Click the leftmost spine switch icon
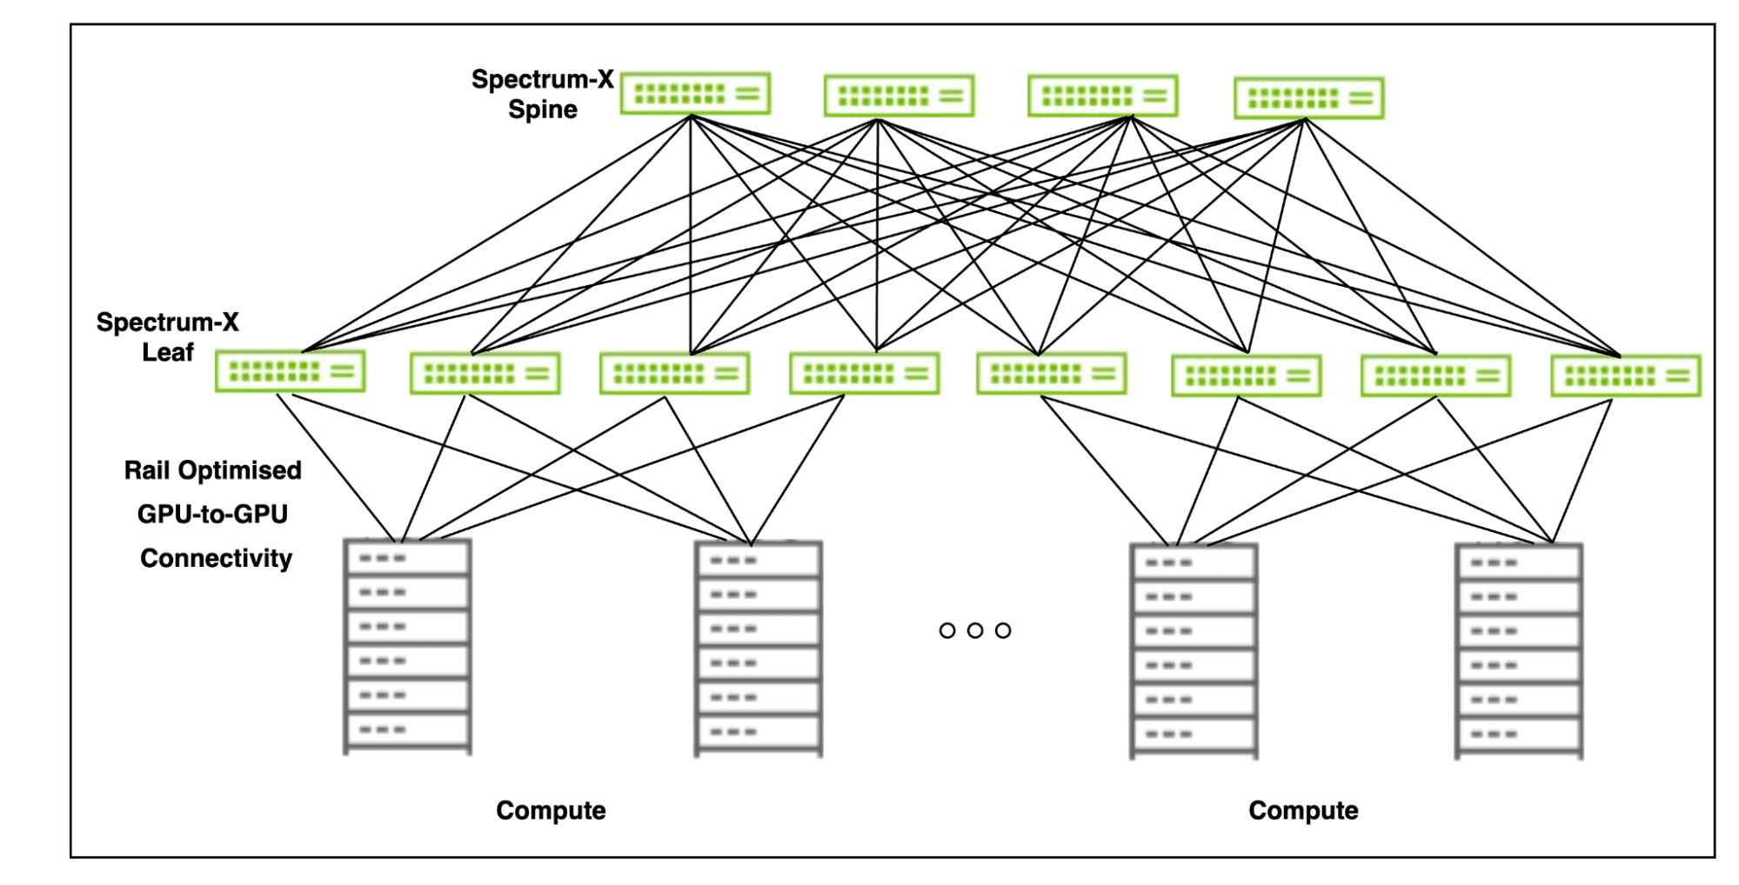pyautogui.click(x=695, y=94)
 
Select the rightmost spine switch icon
pyautogui.click(x=1308, y=98)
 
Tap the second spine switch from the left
pyautogui.click(x=899, y=96)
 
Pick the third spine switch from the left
pyautogui.click(x=1102, y=96)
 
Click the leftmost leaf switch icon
pyautogui.click(x=290, y=371)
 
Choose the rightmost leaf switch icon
pyautogui.click(x=1625, y=376)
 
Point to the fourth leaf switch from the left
pyautogui.click(x=864, y=374)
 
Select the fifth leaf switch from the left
pyautogui.click(x=1051, y=374)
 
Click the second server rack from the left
pyautogui.click(x=758, y=649)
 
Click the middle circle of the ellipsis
pyautogui.click(x=975, y=630)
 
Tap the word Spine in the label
pyautogui.click(x=543, y=110)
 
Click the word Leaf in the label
pyautogui.click(x=168, y=353)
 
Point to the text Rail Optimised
pyautogui.click(x=212, y=470)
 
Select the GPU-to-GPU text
pyautogui.click(x=212, y=515)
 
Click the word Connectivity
pyautogui.click(x=216, y=558)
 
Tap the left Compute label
pyautogui.click(x=551, y=810)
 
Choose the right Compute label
pyautogui.click(x=1302, y=810)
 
